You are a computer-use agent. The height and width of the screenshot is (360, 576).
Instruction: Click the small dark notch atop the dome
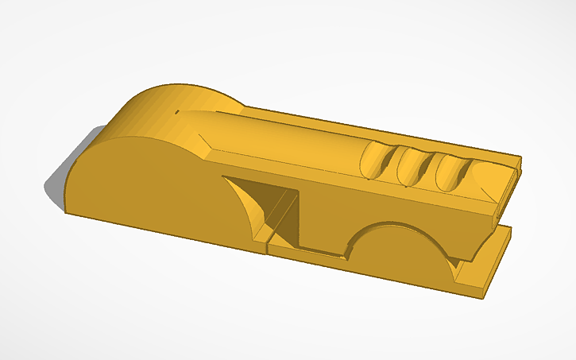tap(174, 113)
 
